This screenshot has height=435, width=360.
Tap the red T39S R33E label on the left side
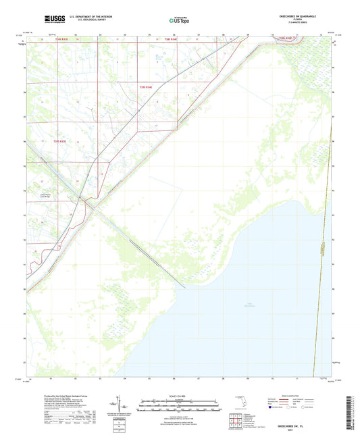click(60, 141)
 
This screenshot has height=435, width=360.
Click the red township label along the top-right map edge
click(284, 40)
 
